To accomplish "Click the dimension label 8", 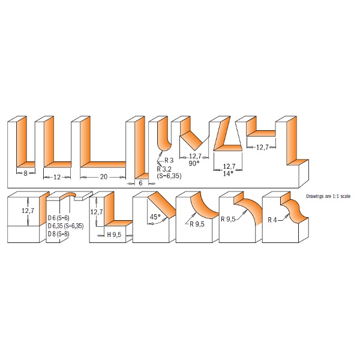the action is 25,173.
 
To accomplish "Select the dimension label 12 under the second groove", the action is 57,177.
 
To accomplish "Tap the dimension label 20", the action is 104,177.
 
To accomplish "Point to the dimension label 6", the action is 141,183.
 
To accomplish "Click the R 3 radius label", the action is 169,160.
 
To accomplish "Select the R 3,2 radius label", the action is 164,169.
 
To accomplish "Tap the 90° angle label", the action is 194,163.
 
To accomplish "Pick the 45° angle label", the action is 155,217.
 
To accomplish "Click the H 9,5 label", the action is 114,235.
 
